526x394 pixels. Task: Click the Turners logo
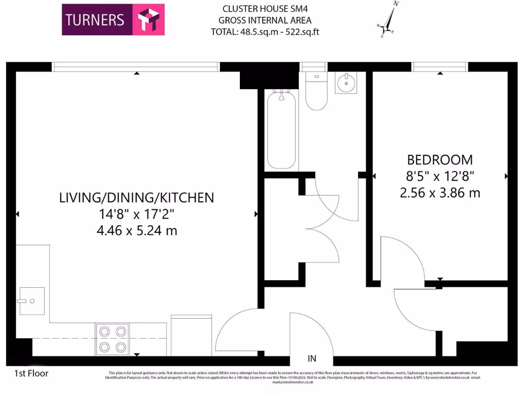click(x=113, y=19)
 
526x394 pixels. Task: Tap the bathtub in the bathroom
click(x=281, y=130)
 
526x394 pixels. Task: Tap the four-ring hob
click(x=112, y=339)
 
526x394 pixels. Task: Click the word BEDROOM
click(x=440, y=160)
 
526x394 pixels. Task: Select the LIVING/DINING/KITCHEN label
click(x=137, y=198)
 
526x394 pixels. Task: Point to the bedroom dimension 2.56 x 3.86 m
click(x=440, y=193)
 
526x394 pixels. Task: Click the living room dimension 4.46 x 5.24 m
click(x=137, y=231)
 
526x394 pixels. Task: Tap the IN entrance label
click(x=311, y=359)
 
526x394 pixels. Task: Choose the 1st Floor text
click(x=28, y=373)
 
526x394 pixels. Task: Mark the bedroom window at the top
click(x=440, y=67)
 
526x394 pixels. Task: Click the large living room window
click(x=136, y=67)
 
